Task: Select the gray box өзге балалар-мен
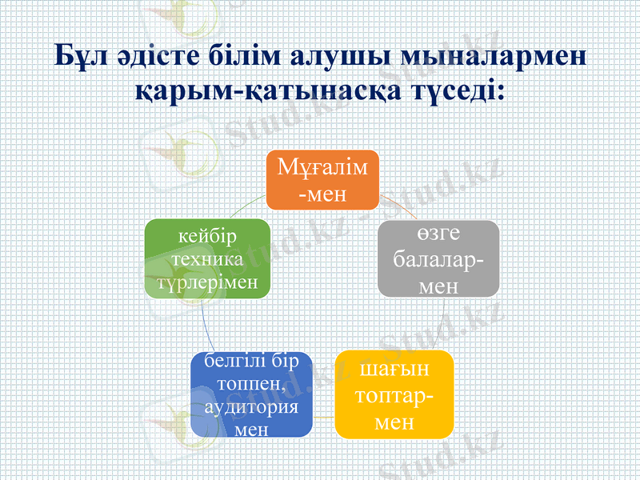[x=438, y=258]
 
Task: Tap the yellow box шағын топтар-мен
[x=394, y=394]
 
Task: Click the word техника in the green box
[x=206, y=261]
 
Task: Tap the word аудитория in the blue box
[x=251, y=407]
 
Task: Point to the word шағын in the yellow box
[x=394, y=370]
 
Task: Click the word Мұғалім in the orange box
[x=322, y=169]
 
